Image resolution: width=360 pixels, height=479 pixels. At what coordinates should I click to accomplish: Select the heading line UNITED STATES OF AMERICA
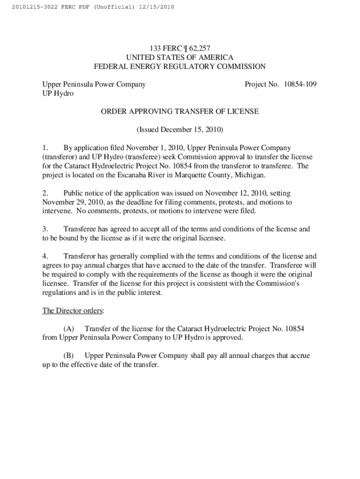(180, 57)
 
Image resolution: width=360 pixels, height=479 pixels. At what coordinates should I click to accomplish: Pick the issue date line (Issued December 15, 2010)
(180, 129)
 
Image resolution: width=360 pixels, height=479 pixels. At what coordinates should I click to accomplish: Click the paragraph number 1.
(45, 148)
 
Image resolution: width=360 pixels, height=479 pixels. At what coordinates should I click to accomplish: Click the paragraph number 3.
(45, 229)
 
